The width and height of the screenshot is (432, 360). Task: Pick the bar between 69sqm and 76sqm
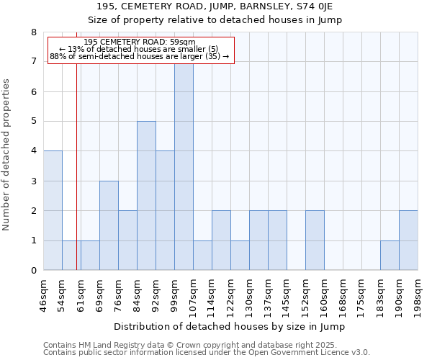109,225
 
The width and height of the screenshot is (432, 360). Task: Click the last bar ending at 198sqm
408,240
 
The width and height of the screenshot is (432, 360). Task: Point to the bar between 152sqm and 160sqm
315,240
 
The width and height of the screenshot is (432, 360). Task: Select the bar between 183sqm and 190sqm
390,256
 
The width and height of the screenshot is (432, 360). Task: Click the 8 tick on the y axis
33,32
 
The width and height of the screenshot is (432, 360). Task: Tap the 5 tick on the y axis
33,122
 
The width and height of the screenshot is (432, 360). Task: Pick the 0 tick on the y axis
33,271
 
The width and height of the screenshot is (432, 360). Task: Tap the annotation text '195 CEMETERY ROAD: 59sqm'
140,42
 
